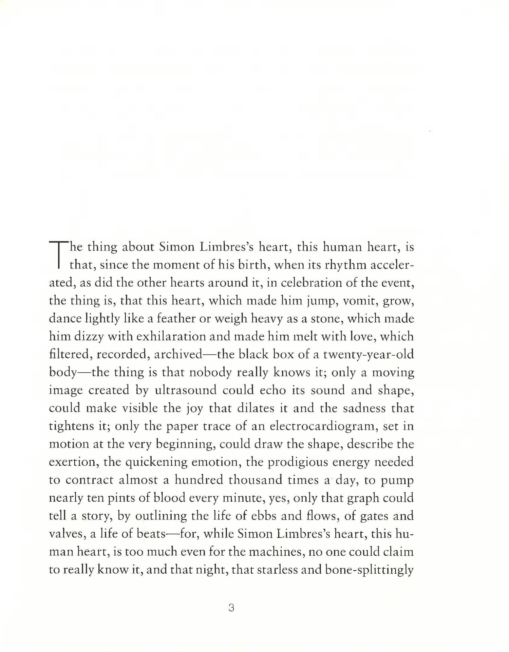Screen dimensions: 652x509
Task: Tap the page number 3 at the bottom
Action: (231, 608)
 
